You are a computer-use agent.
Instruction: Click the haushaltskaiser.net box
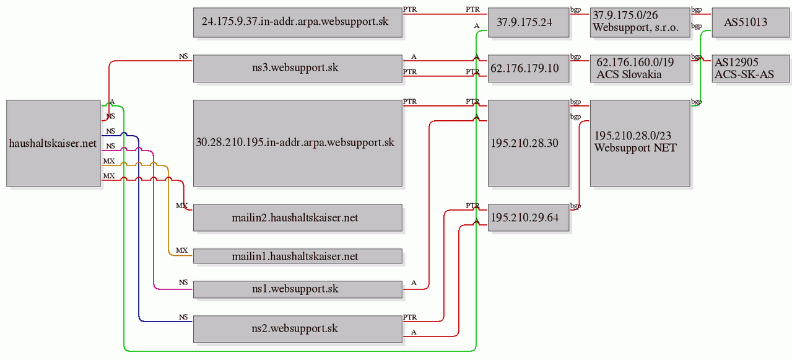pyautogui.click(x=53, y=143)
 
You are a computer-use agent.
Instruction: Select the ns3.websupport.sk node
pyautogui.click(x=298, y=69)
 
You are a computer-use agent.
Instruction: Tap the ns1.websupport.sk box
pyautogui.click(x=298, y=289)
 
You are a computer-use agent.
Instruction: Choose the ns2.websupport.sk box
pyautogui.click(x=298, y=329)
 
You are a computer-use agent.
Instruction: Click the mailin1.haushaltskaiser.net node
pyautogui.click(x=298, y=256)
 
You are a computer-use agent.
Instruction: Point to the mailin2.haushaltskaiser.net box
pyautogui.click(x=298, y=217)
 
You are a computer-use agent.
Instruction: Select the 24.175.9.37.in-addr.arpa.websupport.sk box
pyautogui.click(x=298, y=23)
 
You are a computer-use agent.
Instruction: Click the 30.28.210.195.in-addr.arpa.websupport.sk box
pyautogui.click(x=298, y=143)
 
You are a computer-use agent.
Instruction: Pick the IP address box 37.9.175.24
pyautogui.click(x=529, y=23)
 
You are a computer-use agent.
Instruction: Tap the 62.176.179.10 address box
pyautogui.click(x=529, y=69)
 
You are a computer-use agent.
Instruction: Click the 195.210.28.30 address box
pyautogui.click(x=529, y=143)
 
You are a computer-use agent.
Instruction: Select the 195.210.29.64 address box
pyautogui.click(x=529, y=217)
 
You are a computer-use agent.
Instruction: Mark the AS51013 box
pyautogui.click(x=751, y=23)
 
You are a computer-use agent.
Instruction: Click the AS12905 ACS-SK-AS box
pyautogui.click(x=751, y=69)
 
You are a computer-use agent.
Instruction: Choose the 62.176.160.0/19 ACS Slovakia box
pyautogui.click(x=640, y=69)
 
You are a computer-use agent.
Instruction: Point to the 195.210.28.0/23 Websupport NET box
pyautogui.click(x=640, y=143)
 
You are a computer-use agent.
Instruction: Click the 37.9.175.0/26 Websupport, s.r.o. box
pyautogui.click(x=640, y=23)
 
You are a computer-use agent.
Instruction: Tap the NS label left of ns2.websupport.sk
pyautogui.click(x=183, y=317)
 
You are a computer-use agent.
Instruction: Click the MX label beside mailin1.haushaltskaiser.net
pyautogui.click(x=181, y=250)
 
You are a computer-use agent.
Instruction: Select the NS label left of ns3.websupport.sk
pyautogui.click(x=183, y=56)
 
